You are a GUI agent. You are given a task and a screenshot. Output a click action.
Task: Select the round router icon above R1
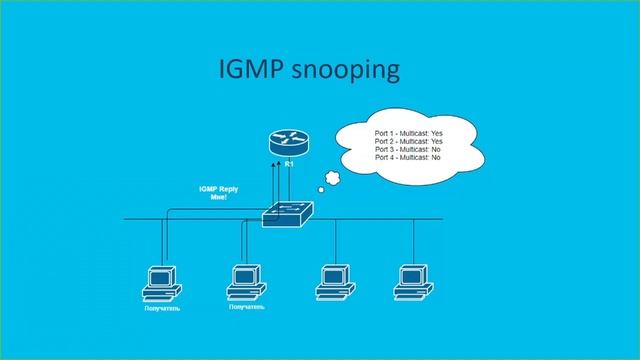point(288,143)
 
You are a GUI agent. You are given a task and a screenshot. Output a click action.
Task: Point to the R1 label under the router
point(288,163)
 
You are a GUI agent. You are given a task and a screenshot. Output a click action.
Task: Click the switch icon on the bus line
point(288,213)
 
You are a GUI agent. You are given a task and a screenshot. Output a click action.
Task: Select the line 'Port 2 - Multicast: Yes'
point(408,141)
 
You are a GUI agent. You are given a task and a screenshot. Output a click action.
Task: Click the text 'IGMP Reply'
point(219,189)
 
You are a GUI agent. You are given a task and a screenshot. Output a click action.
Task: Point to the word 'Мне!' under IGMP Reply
point(219,198)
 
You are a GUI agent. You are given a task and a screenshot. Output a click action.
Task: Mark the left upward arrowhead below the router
point(280,173)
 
